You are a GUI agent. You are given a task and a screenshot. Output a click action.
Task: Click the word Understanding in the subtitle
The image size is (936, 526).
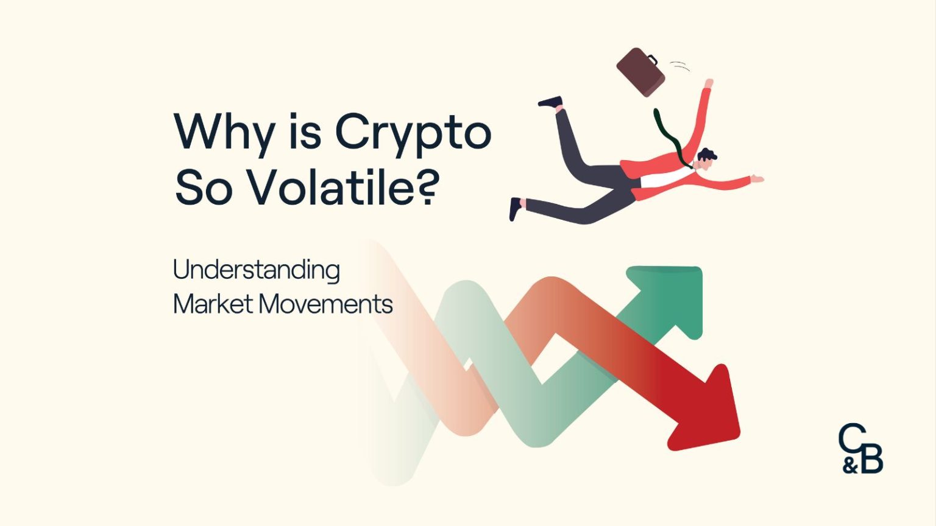[x=256, y=270]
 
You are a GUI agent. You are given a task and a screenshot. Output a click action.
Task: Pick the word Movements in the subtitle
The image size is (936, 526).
[x=325, y=304]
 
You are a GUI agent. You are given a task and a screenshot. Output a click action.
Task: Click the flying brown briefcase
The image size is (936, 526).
[x=641, y=71]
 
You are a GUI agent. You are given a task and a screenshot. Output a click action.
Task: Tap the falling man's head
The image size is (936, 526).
[x=707, y=158]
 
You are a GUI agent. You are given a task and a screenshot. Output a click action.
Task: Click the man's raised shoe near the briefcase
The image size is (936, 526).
[x=550, y=102]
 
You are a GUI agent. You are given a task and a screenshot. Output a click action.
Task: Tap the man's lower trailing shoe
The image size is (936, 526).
[x=515, y=209]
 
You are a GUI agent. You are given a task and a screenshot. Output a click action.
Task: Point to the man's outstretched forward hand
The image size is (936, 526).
[x=757, y=178]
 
